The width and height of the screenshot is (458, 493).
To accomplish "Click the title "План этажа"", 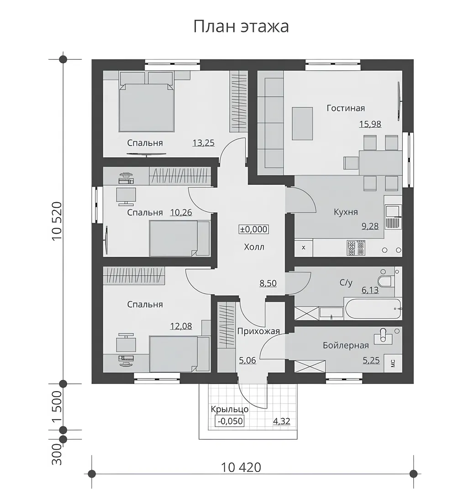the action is [x=241, y=26].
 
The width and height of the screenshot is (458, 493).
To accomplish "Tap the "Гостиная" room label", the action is [x=346, y=108].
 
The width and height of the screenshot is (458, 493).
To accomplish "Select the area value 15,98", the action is [x=370, y=124].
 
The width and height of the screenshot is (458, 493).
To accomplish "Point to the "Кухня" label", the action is [x=346, y=212].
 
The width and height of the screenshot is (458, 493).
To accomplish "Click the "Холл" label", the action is [x=254, y=247].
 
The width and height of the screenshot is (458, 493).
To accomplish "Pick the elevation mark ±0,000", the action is [x=254, y=229].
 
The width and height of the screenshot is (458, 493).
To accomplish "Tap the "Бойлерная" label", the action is [x=346, y=346].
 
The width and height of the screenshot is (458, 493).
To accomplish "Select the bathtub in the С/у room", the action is [x=373, y=309].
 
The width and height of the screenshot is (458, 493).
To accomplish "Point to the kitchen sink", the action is [x=392, y=216].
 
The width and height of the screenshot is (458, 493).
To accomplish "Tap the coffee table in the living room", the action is [x=302, y=124].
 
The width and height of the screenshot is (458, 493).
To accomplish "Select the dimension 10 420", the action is [x=241, y=467].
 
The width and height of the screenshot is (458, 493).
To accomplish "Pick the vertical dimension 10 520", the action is [x=57, y=221].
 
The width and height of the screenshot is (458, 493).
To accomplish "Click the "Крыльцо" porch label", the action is [x=230, y=409].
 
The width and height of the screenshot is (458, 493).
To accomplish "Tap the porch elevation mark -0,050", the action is [x=230, y=421].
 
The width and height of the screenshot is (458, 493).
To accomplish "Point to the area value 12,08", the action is [x=181, y=326].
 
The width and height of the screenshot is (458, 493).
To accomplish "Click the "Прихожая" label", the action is [x=258, y=331].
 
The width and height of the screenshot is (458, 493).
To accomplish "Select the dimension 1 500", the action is [x=57, y=407].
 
